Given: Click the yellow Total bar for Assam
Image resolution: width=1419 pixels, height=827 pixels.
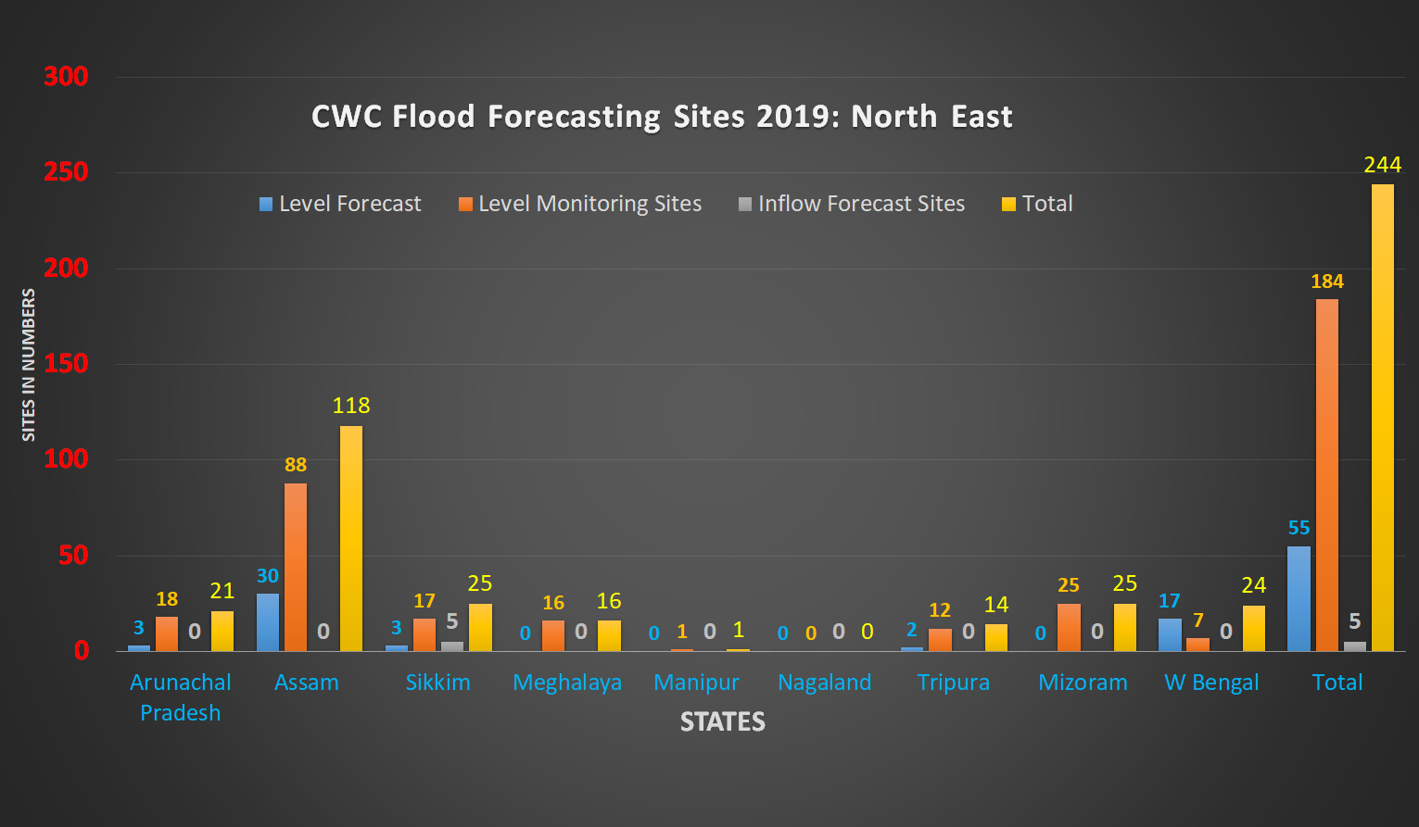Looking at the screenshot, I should pos(351,538).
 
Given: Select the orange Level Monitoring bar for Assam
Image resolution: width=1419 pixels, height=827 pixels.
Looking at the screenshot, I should pos(296,567).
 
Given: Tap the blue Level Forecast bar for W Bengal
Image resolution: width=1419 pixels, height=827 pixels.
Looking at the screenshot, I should pos(1170,634).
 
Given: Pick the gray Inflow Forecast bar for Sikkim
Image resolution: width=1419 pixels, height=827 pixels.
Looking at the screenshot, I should pos(452,645).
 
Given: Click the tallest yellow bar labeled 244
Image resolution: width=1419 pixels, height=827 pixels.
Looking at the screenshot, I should pos(1382,417).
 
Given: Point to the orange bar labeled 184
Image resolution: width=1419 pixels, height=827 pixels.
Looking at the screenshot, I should pos(1326,474).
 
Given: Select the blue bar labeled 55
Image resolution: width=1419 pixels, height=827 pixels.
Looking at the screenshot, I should pos(1299,598).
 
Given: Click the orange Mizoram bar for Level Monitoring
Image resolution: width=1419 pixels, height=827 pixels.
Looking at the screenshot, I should pos(1069,627).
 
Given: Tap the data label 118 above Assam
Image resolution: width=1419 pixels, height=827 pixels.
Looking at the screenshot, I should pos(351,406).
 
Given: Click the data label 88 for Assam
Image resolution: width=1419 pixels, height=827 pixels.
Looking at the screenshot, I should pos(296,465).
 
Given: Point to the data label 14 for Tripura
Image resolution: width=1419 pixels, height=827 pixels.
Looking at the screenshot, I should pos(995,605).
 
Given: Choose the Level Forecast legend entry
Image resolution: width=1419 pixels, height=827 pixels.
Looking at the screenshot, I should pos(340,204).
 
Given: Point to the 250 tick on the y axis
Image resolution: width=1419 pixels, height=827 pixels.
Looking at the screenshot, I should pos(66,172).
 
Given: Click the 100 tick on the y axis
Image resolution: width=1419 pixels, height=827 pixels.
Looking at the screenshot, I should pos(66,459).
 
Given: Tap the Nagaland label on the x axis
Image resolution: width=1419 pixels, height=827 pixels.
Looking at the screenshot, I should pos(824,683).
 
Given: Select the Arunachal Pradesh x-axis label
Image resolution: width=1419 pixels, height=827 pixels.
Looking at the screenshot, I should pos(181,697).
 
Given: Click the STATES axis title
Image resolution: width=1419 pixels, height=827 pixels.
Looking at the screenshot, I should pos(722,722).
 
